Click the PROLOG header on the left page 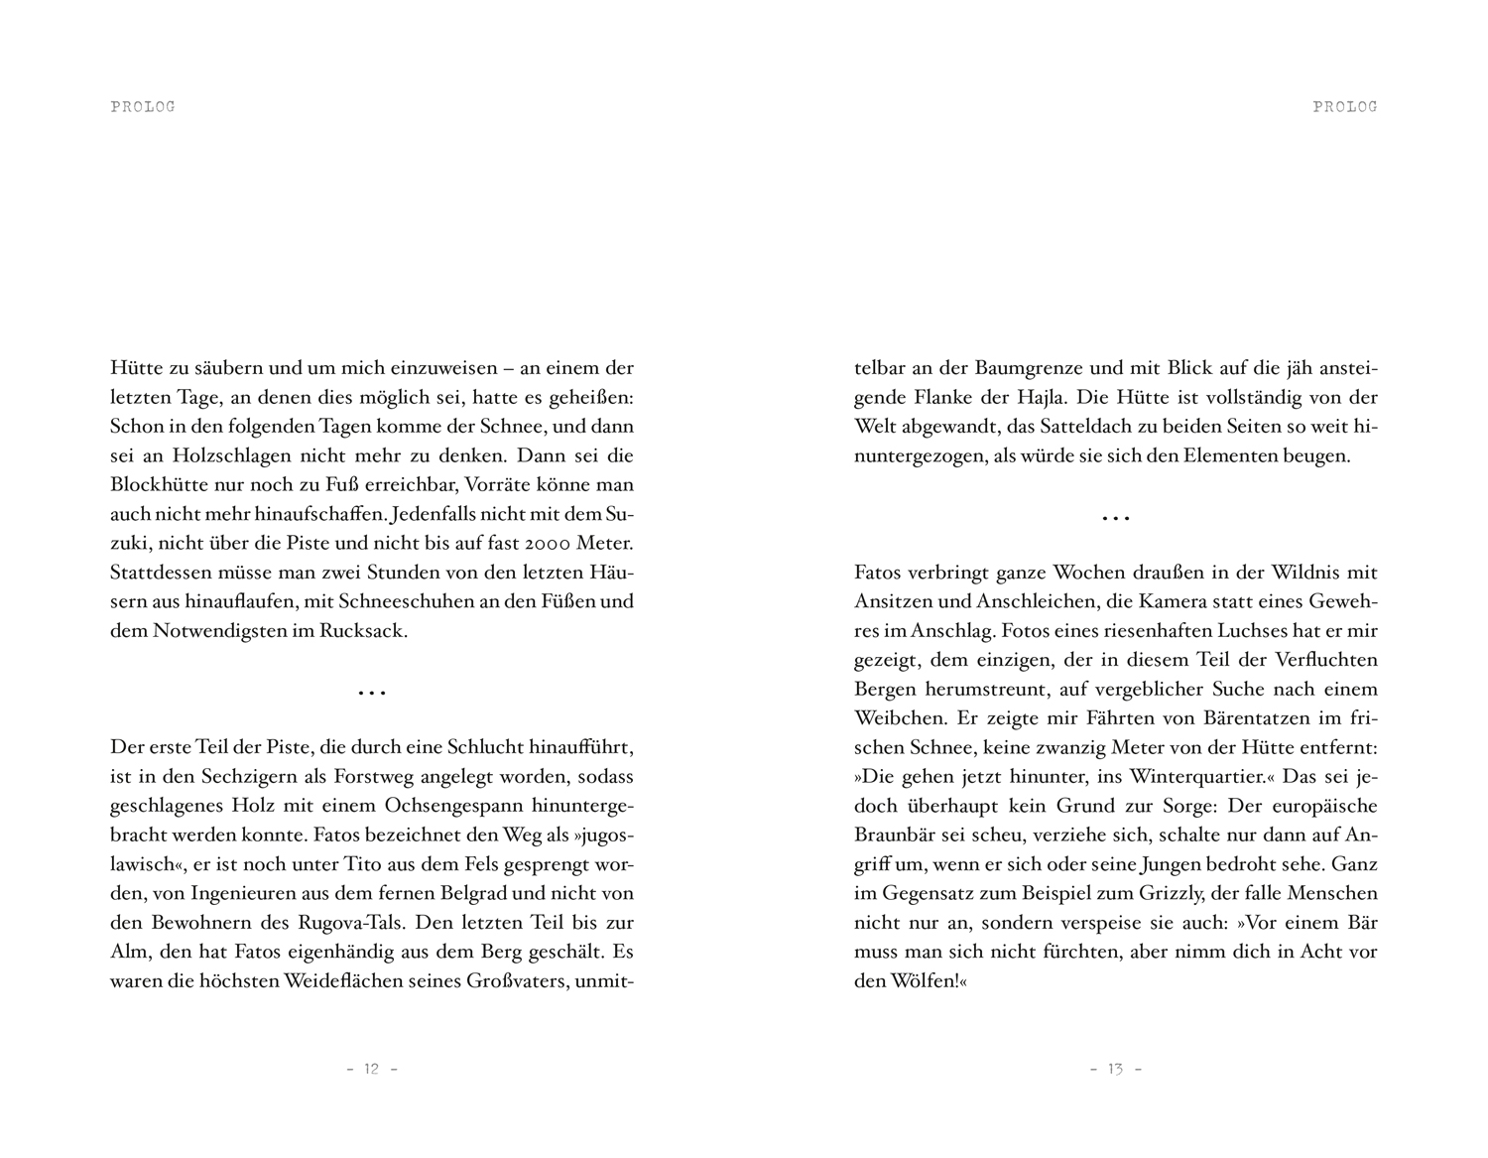pos(143,107)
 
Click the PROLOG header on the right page pos(1344,107)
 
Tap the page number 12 pos(371,1069)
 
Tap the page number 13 pos(1115,1069)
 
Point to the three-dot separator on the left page pos(371,693)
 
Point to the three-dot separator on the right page pos(1115,518)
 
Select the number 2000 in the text pos(554,544)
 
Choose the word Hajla pos(1042,398)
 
